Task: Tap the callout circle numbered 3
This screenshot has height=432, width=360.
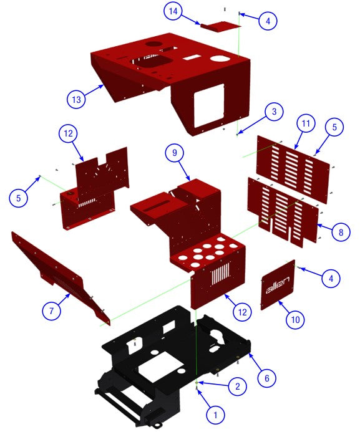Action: coord(272,112)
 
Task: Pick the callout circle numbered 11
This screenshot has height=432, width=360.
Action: coord(304,125)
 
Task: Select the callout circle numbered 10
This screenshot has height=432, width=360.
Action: coord(295,319)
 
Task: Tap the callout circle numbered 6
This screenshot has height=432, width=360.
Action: coord(266,378)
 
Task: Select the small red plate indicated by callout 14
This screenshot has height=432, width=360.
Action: coord(220,27)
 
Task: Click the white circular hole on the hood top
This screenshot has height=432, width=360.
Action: coord(220,58)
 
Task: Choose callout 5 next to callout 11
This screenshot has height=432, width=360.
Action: coord(334,127)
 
